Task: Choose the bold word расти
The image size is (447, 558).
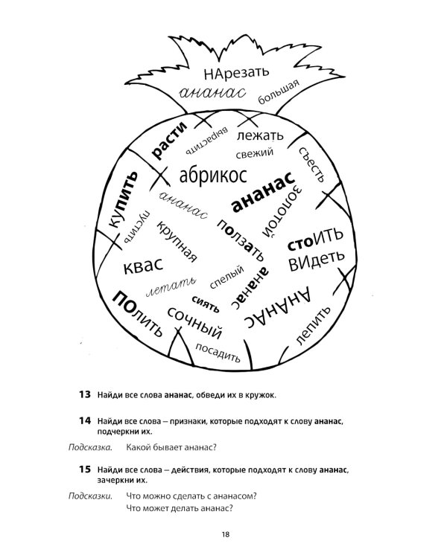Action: coord(165,139)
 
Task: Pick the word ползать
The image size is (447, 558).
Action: coord(241,237)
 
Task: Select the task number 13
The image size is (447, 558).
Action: coord(83,394)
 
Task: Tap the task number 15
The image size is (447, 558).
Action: coord(83,470)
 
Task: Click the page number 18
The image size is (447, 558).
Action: coord(224,534)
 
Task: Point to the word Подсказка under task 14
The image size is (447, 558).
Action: coord(89,448)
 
